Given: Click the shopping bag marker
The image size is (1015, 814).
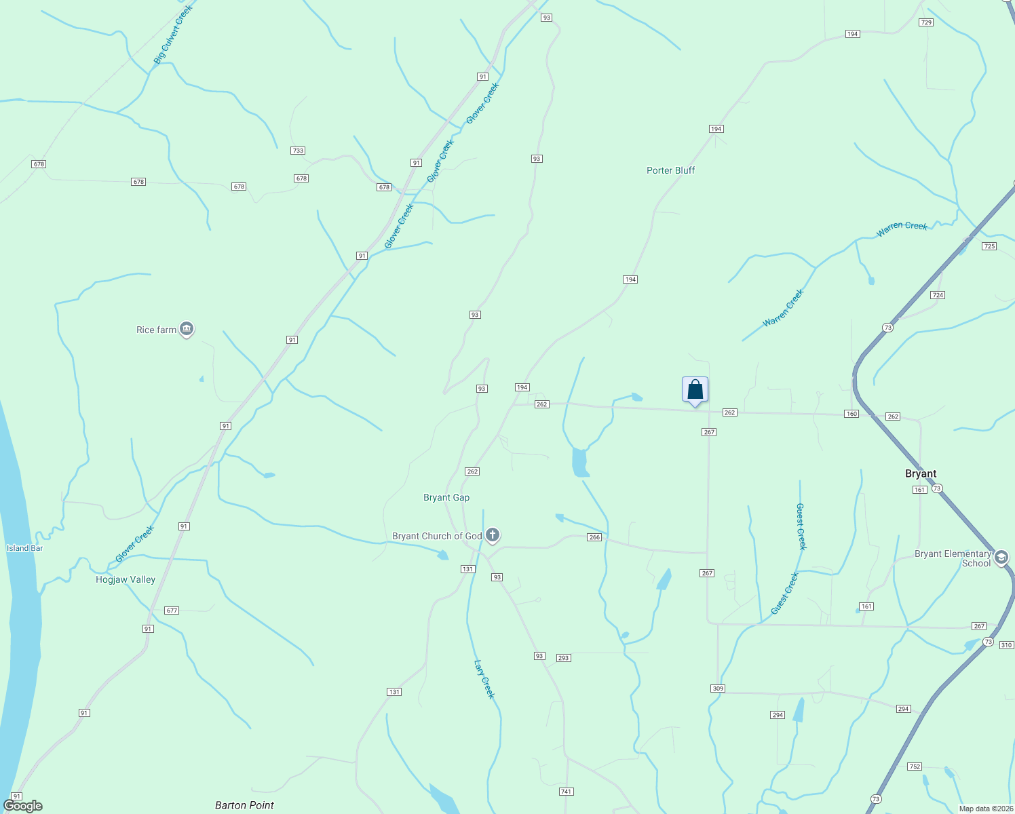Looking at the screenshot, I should click(695, 390).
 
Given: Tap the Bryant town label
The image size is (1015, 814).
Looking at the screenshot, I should click(921, 473).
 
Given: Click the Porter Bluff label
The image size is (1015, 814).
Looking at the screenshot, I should click(670, 170).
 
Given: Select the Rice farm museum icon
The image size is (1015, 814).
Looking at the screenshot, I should click(187, 330).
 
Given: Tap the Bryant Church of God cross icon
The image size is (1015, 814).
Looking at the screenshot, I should click(493, 536).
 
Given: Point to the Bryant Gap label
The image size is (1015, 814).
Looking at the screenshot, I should click(446, 497).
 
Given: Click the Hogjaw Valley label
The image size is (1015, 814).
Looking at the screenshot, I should click(126, 579).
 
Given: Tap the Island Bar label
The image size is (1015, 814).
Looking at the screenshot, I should click(24, 548).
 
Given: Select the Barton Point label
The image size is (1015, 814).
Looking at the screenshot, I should click(244, 805).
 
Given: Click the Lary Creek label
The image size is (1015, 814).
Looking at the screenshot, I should click(484, 679).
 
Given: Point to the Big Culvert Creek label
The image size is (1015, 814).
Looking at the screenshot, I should click(173, 35).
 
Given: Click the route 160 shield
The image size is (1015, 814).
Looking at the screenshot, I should click(851, 414).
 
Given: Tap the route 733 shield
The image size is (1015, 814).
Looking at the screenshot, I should click(298, 151).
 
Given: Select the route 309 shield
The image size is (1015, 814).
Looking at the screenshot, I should click(718, 689).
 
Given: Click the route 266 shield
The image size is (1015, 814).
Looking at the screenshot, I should click(594, 537).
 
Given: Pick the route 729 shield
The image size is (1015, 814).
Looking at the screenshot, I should click(926, 22).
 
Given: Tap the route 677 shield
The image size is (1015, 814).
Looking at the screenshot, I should click(172, 610).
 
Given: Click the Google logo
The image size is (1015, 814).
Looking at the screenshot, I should click(23, 806).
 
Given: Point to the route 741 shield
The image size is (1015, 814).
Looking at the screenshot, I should click(567, 792).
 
